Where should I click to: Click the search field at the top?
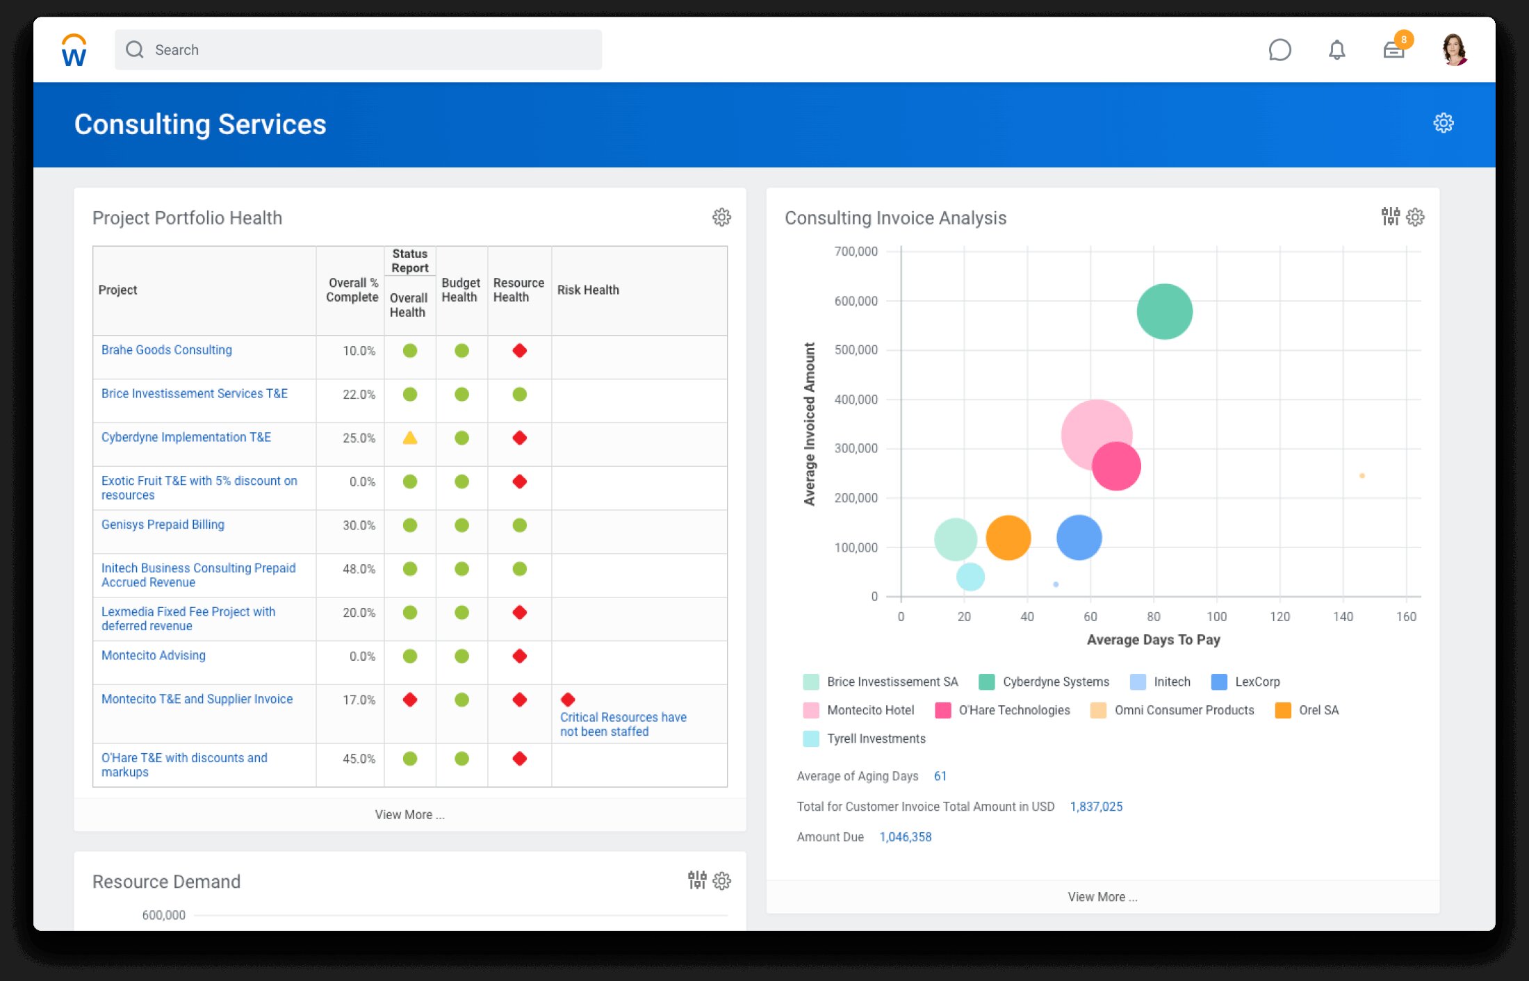[358, 50]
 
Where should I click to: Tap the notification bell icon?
[1336, 50]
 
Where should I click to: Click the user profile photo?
[1454, 50]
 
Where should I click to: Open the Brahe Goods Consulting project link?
[167, 350]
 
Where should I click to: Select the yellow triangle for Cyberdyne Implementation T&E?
[410, 438]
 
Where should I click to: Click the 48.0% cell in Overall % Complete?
[359, 569]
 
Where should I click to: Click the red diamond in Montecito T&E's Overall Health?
[410, 700]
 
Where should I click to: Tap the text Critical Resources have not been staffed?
[623, 724]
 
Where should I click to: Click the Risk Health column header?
[588, 290]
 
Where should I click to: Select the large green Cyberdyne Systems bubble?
[1164, 311]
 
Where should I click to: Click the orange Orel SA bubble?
[1008, 538]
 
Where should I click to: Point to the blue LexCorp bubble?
[1079, 538]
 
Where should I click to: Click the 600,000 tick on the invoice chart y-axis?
[856, 301]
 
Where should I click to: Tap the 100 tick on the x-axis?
[1216, 617]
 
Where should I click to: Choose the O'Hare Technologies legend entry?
[1014, 710]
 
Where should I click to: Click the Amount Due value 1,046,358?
[905, 837]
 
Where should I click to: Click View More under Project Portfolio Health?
[409, 815]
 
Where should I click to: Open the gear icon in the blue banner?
[1443, 123]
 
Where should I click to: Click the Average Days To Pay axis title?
[1153, 640]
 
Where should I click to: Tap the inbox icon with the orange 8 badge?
[1393, 50]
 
